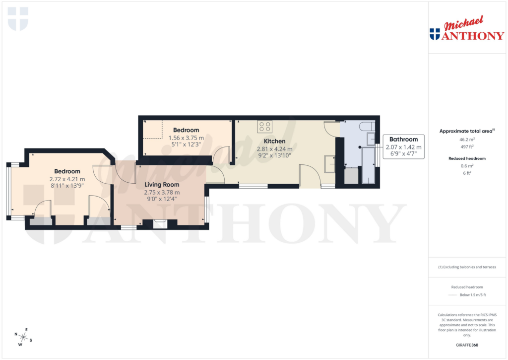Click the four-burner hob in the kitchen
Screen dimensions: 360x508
[x=264, y=127]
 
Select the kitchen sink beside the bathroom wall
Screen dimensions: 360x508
[x=329, y=163]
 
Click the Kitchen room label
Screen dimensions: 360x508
[x=274, y=141]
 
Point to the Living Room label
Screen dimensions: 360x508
[x=162, y=185]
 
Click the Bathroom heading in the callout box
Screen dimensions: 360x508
[x=403, y=140]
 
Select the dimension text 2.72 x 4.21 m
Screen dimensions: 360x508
[x=67, y=179]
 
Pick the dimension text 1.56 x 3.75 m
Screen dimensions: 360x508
[x=186, y=138]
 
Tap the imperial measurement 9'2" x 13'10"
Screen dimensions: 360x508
[x=274, y=155]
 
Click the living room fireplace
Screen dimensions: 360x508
[x=160, y=224]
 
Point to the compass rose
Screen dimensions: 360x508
[x=23, y=337]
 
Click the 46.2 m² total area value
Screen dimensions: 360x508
[x=466, y=140]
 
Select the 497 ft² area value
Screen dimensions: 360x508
[x=466, y=146]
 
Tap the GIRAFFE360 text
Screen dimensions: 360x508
[x=466, y=345]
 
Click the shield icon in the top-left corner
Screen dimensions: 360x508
[x=18, y=19]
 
